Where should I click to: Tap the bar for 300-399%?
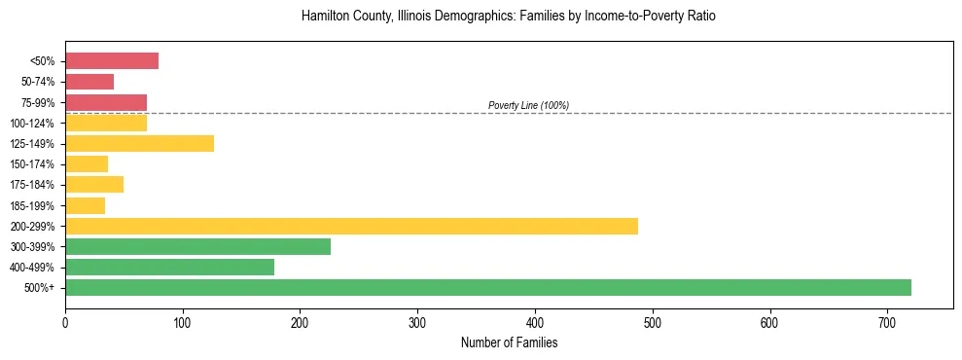click(x=197, y=246)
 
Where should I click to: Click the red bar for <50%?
click(x=112, y=61)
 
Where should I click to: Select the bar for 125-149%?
click(x=139, y=144)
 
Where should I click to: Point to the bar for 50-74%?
click(x=89, y=82)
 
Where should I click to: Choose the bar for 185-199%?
click(x=85, y=205)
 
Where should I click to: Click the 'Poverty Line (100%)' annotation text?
click(x=528, y=105)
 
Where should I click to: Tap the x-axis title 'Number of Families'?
click(x=509, y=342)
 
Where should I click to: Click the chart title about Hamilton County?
click(x=509, y=17)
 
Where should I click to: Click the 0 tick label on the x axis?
click(x=65, y=322)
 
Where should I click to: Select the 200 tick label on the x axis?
click(x=300, y=322)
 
